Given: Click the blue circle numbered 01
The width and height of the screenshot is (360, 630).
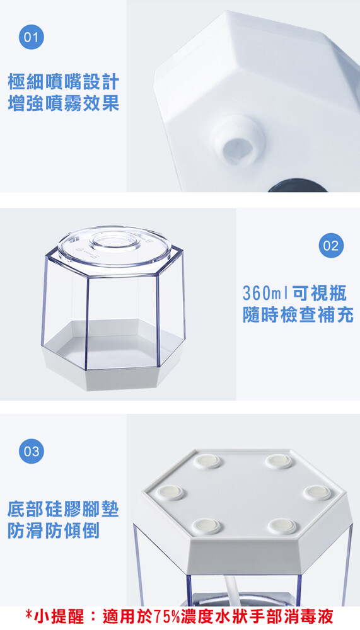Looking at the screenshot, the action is (x=32, y=37).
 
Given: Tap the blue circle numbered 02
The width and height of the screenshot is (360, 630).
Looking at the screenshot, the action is (x=331, y=246).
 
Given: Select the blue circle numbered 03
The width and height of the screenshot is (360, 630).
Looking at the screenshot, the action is (x=32, y=451).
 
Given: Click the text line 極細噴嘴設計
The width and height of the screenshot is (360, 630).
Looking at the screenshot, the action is (x=64, y=81).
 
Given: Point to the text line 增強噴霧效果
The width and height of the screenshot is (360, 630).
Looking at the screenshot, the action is (x=64, y=103).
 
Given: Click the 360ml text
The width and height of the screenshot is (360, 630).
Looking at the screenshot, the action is (x=266, y=294).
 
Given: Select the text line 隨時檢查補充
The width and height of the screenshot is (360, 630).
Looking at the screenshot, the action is (x=298, y=314).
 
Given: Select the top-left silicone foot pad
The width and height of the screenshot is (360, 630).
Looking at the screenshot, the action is (x=207, y=461).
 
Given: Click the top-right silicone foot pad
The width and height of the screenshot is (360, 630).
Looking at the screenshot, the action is (x=279, y=461).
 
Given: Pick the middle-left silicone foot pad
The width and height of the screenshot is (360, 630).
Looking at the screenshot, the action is (x=170, y=492).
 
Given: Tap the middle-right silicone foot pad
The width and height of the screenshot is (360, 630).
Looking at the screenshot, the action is (x=317, y=492).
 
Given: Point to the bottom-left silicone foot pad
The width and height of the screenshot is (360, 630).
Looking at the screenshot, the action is (x=206, y=526).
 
